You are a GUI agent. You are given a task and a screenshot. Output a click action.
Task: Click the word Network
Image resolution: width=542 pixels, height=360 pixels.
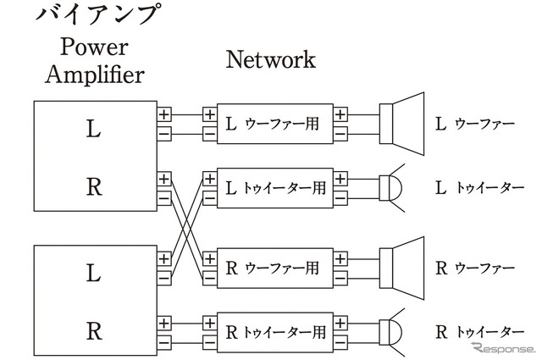[270, 59]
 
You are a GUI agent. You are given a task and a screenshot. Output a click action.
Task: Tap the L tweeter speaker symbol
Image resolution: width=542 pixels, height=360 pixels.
[392, 187]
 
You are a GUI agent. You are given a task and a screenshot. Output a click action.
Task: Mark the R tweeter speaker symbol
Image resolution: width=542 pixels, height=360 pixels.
[392, 332]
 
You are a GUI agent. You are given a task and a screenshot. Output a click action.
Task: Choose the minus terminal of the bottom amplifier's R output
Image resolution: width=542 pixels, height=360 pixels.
[164, 342]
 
